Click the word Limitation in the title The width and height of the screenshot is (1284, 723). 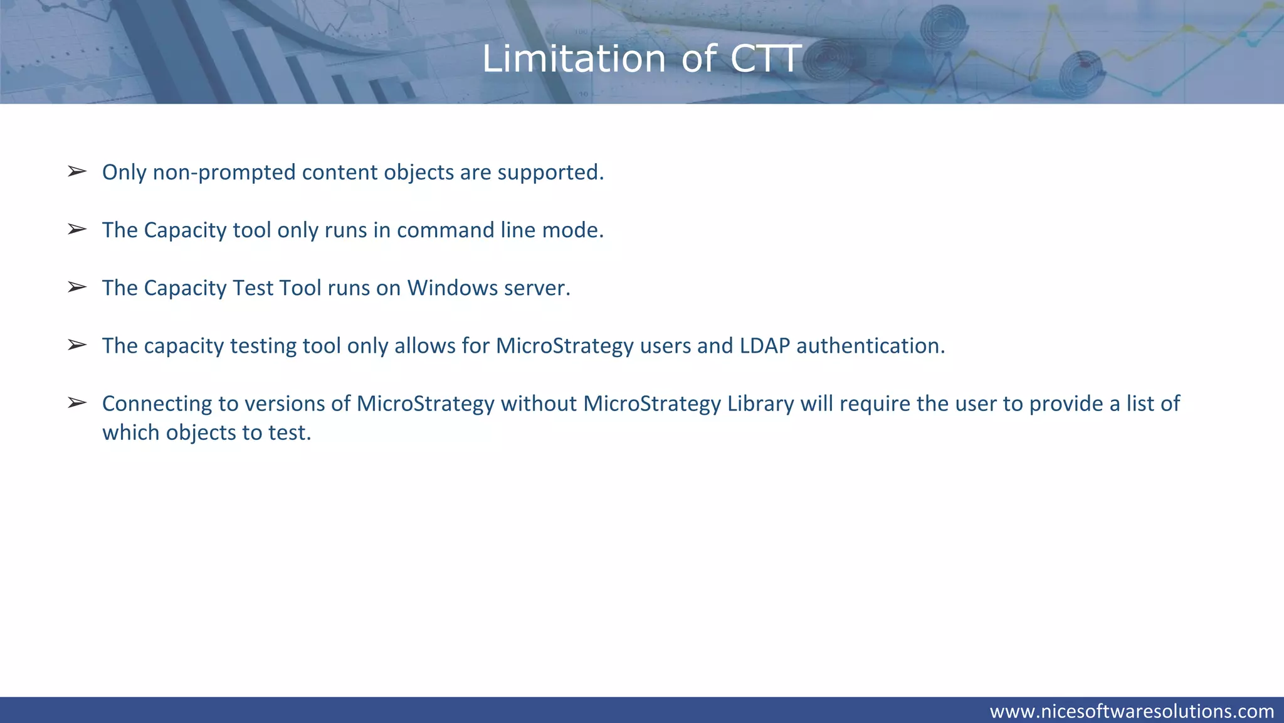click(x=573, y=59)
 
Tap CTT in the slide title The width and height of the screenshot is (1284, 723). click(x=766, y=59)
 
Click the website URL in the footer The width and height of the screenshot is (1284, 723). click(x=1132, y=711)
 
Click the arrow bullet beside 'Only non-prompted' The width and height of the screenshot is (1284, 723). click(x=76, y=171)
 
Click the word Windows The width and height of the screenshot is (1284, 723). click(x=452, y=288)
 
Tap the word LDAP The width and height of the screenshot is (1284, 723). click(x=764, y=346)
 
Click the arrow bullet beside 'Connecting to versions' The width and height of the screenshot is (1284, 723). click(x=76, y=402)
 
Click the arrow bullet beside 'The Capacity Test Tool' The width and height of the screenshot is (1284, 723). click(x=76, y=287)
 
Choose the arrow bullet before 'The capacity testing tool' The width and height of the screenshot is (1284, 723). click(x=76, y=345)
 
